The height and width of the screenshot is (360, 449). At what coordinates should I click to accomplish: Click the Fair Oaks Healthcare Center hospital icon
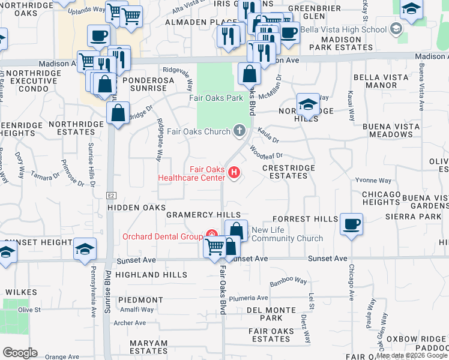click(x=234, y=174)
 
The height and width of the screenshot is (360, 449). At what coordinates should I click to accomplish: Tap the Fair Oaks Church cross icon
click(x=239, y=130)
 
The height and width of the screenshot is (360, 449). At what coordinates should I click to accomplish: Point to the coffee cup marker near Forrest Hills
click(x=351, y=224)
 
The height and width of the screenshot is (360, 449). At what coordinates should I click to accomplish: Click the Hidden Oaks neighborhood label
click(x=136, y=207)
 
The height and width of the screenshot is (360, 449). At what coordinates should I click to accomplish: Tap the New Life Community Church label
click(x=287, y=234)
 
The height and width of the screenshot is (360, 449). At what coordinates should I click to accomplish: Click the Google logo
click(x=20, y=353)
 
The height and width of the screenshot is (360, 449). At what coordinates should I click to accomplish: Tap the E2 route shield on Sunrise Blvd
click(x=111, y=195)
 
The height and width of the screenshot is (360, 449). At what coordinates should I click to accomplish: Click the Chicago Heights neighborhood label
click(x=381, y=198)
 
